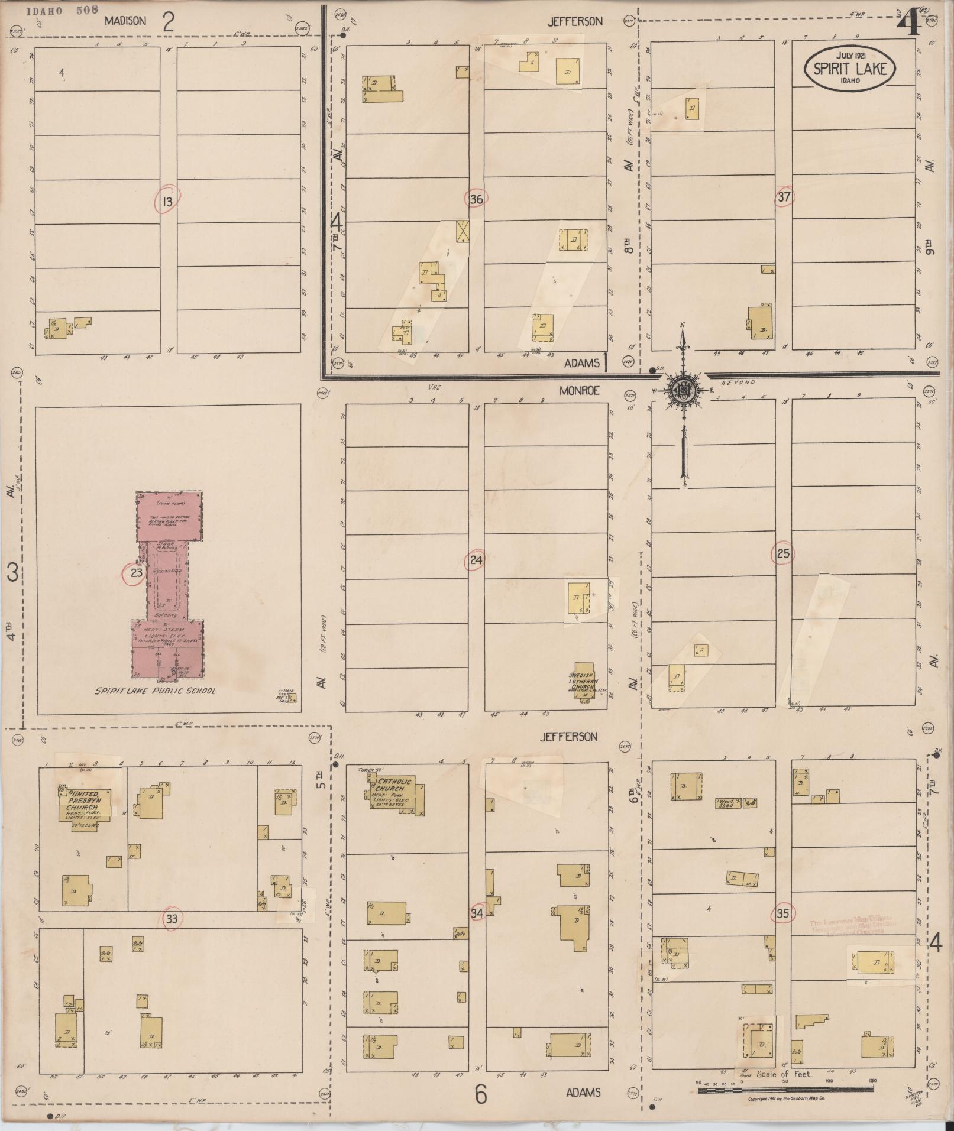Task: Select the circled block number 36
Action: (x=476, y=199)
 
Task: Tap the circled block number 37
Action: (x=784, y=197)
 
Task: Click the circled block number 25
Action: (x=783, y=554)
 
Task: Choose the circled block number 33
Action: (x=172, y=919)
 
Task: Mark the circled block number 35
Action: (x=782, y=913)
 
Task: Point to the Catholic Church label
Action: (x=390, y=785)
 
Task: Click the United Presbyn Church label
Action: (x=83, y=800)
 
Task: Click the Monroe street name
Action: (x=581, y=390)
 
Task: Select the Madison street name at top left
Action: (x=125, y=21)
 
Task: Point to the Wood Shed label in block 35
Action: (x=726, y=802)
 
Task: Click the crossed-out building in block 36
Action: (x=462, y=231)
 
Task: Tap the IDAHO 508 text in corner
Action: (x=62, y=10)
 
